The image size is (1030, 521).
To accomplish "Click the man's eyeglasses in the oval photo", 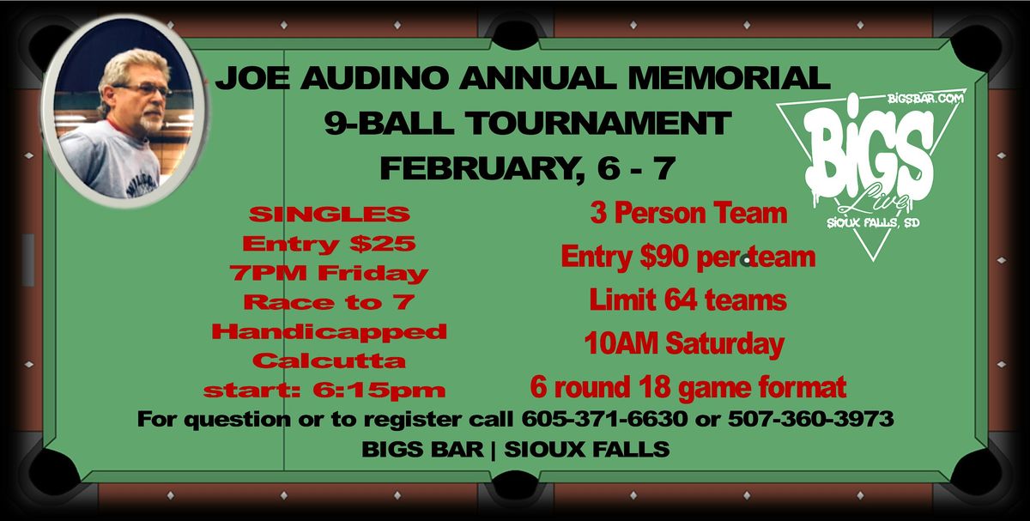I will pyautogui.click(x=142, y=89).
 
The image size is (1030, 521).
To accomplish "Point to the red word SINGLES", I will pyautogui.click(x=330, y=214).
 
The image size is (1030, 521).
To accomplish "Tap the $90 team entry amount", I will pyautogui.click(x=671, y=257).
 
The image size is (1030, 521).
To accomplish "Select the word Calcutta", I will pyautogui.click(x=329, y=360).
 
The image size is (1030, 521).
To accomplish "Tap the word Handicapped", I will pyautogui.click(x=329, y=330).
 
